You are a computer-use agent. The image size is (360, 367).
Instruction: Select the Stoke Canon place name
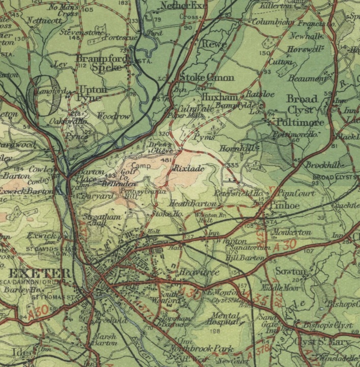pyautogui.click(x=207, y=78)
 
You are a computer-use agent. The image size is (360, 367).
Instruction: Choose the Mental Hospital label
pyautogui.click(x=225, y=319)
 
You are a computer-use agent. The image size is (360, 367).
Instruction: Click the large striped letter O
pyautogui.click(x=42, y=95)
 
